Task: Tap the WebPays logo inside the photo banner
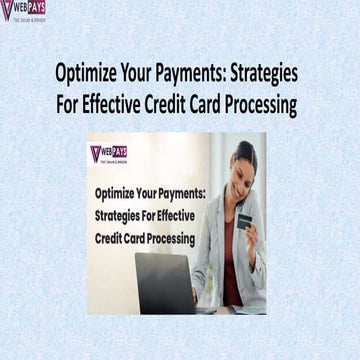click(x=109, y=155)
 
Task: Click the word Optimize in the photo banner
click(x=116, y=193)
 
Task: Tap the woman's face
click(x=242, y=165)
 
